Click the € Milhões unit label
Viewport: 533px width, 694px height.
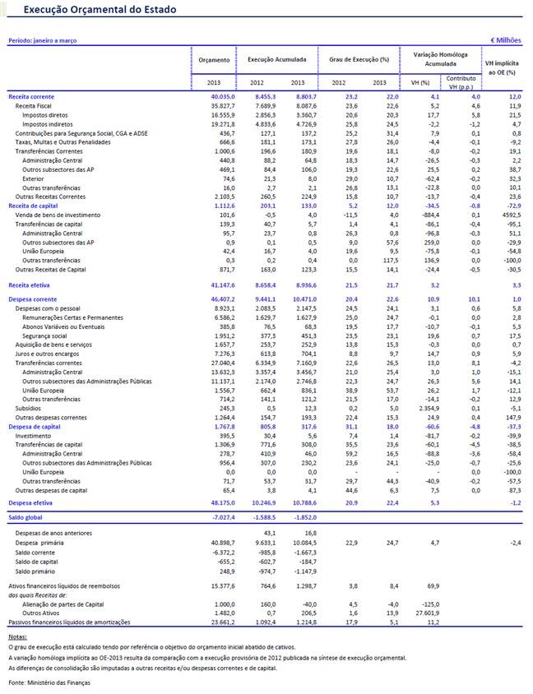click(x=506, y=39)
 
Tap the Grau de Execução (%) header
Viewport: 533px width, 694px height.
click(x=359, y=60)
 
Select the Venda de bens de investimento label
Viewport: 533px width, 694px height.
click(x=58, y=214)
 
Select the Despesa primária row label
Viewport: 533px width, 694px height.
click(x=41, y=543)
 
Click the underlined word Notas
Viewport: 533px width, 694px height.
click(x=16, y=637)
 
